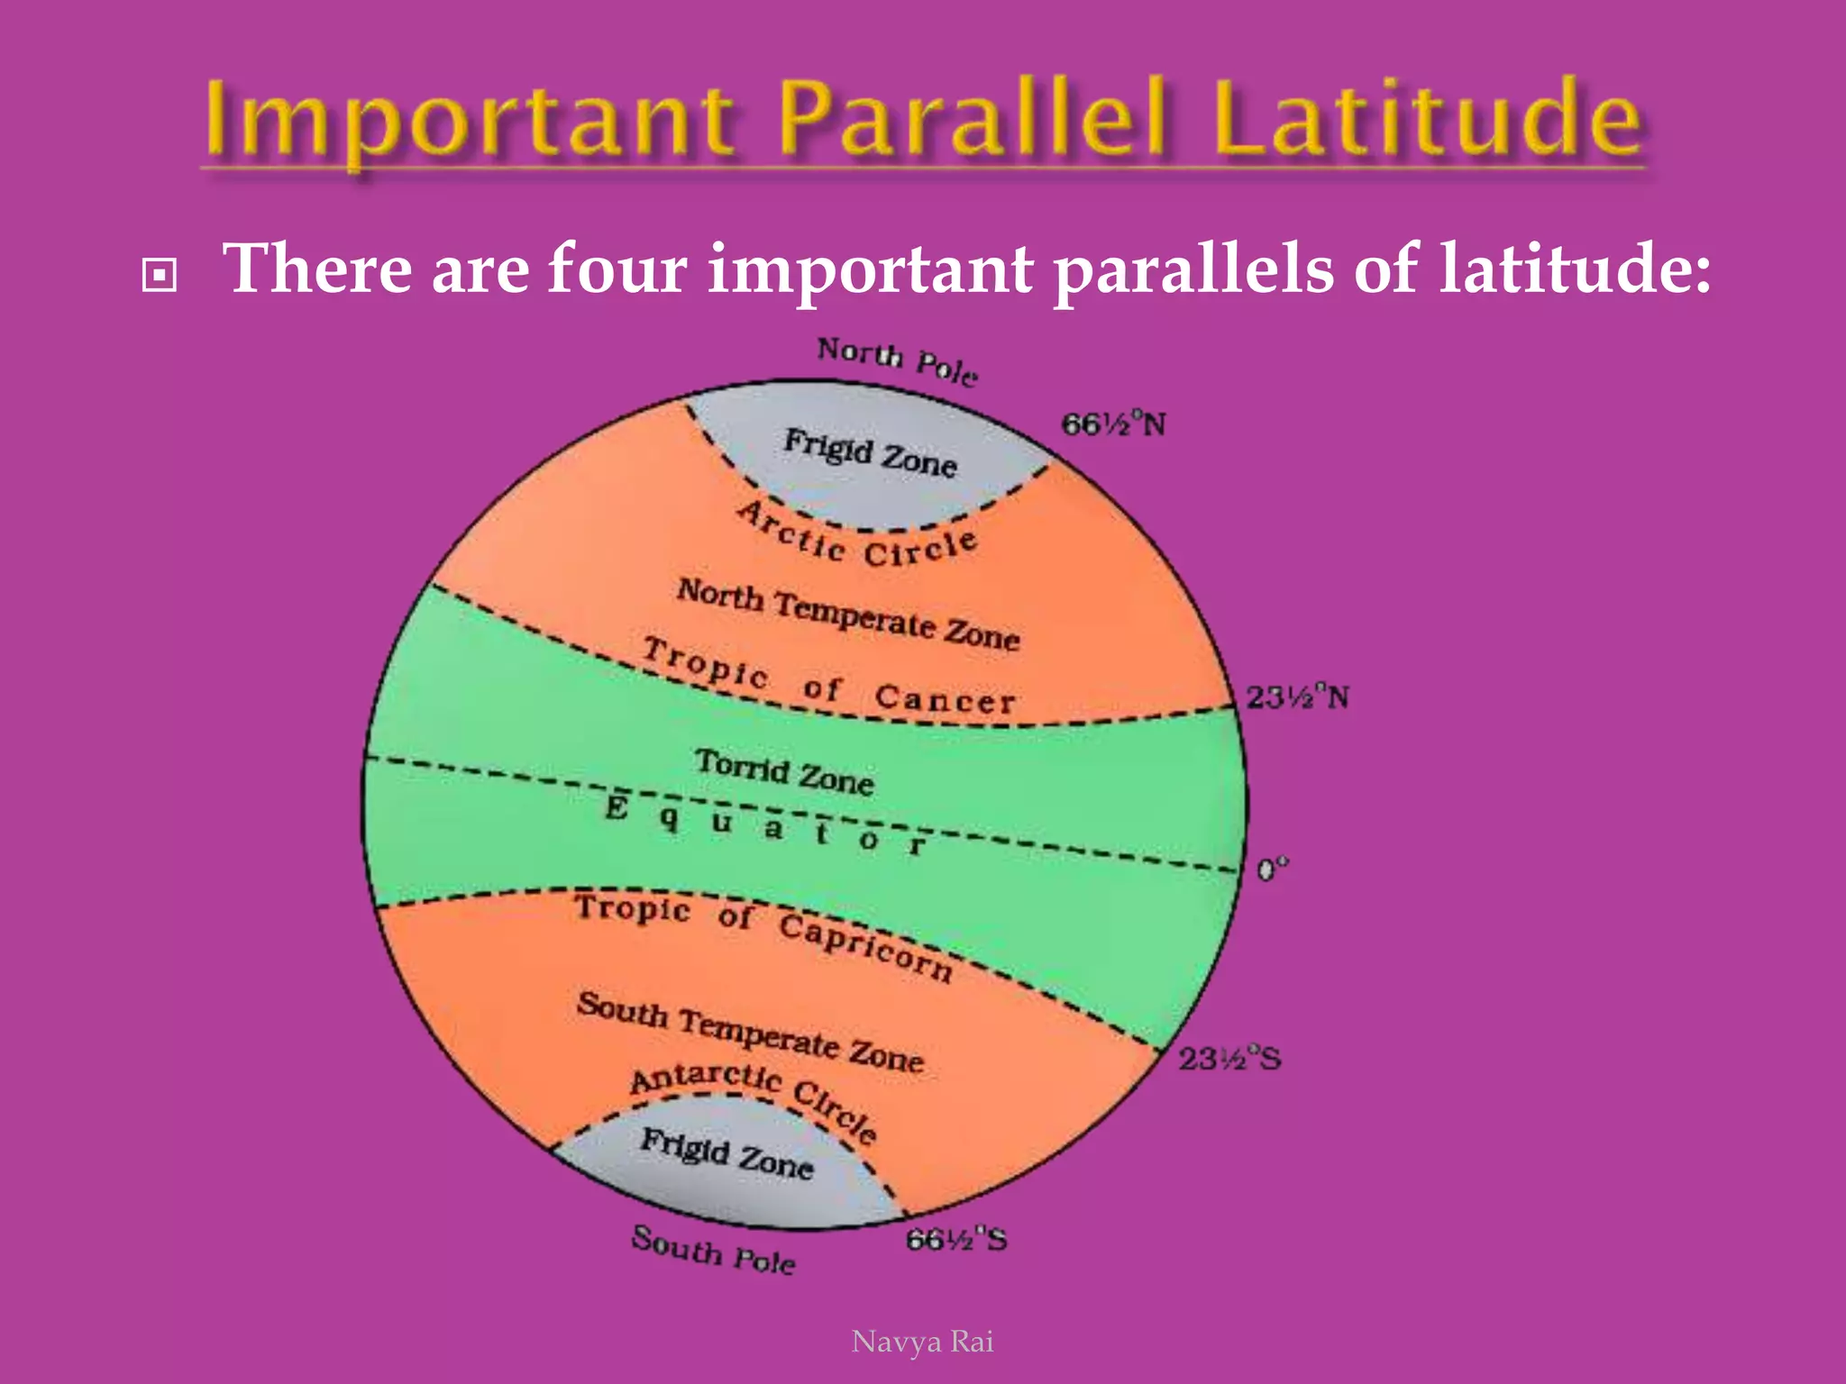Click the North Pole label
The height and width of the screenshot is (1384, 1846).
(897, 361)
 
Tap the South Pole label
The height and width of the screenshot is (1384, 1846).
(713, 1250)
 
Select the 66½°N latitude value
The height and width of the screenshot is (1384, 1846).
(1113, 423)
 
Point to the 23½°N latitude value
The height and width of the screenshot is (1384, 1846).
(1297, 697)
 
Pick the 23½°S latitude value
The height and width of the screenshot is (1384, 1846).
(1229, 1058)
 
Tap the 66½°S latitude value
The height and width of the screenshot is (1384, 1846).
(956, 1240)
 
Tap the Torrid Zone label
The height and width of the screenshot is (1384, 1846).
(784, 772)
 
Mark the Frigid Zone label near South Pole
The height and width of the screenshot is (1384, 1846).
(727, 1153)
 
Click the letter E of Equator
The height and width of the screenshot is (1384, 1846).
(617, 806)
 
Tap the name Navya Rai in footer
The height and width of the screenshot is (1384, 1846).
(922, 1342)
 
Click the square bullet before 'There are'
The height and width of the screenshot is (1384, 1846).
(160, 276)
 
